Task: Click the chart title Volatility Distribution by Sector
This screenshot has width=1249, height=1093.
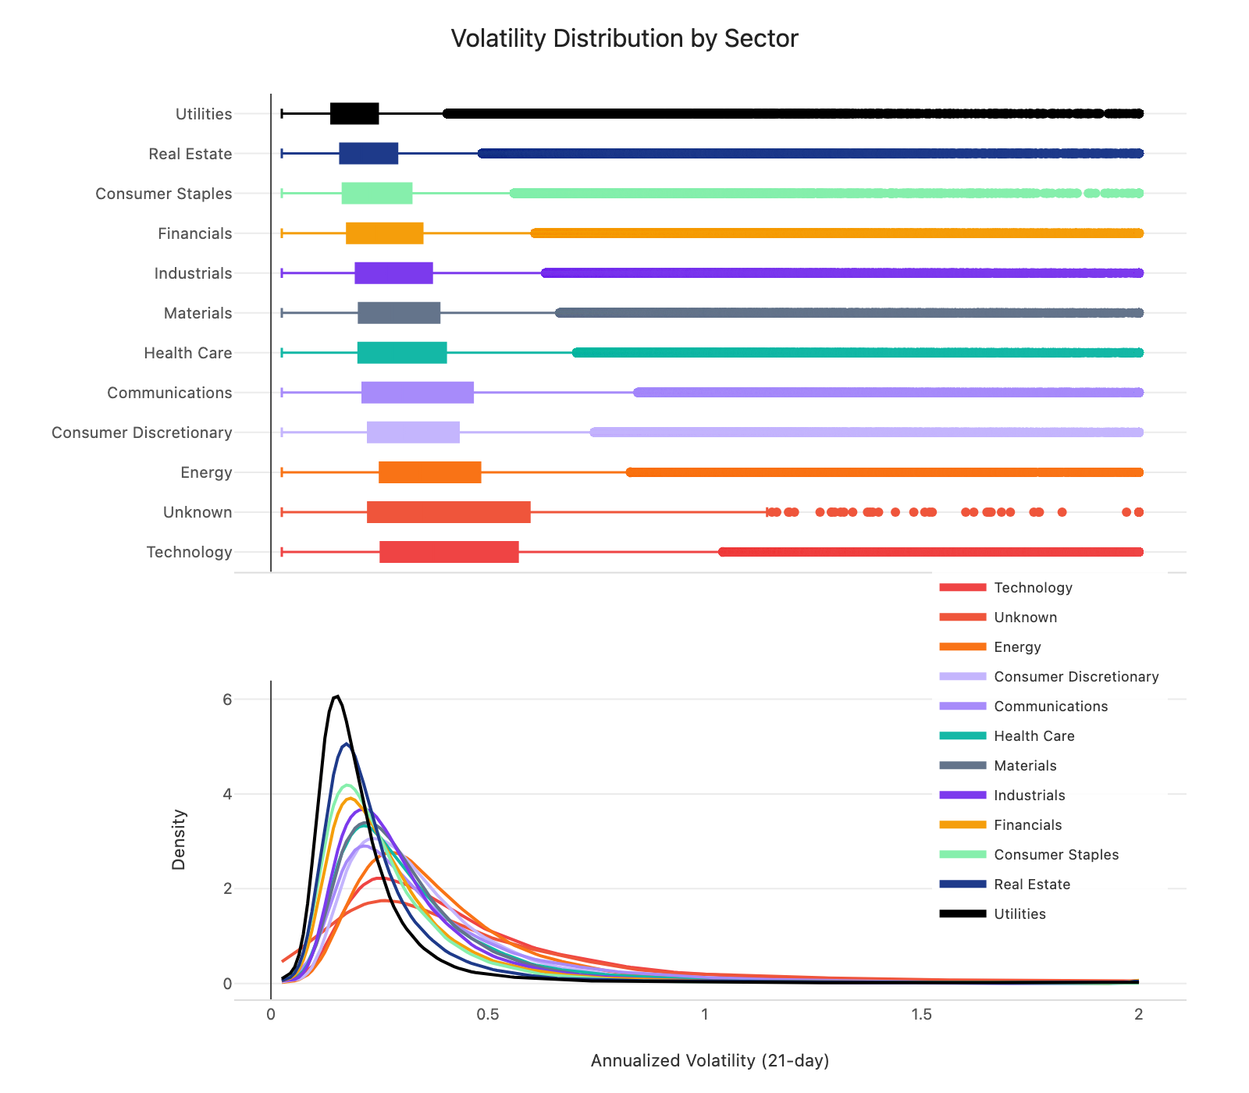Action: tap(624, 38)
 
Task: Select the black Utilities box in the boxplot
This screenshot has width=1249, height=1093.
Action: tap(354, 114)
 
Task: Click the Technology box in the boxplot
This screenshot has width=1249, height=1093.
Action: tap(449, 552)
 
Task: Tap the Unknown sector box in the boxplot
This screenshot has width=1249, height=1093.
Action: tap(448, 512)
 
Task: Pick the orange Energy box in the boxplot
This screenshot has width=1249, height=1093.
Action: tap(429, 472)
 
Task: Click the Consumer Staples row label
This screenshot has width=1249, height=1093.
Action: tap(163, 194)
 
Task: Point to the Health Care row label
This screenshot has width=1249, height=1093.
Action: tap(187, 353)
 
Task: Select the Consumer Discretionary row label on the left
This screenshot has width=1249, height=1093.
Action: tap(141, 433)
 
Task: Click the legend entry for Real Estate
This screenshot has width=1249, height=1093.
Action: tap(1031, 885)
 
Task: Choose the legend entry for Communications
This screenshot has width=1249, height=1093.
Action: tap(1050, 707)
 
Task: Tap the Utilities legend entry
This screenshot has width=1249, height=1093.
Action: tap(1019, 914)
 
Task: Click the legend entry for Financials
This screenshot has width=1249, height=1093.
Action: tap(1027, 825)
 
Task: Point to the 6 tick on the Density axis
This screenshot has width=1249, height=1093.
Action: tap(227, 700)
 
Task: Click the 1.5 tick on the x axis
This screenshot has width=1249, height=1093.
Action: tap(922, 1015)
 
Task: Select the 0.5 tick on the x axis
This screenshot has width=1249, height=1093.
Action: tap(488, 1015)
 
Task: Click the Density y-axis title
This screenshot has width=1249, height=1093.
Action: tap(179, 839)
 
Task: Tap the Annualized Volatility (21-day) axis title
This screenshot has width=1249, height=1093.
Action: tap(710, 1061)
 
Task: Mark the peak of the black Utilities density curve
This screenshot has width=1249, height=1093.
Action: tap(336, 696)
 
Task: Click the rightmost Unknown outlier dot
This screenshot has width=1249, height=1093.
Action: tap(1138, 512)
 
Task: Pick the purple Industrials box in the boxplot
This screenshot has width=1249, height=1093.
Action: tap(393, 273)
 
